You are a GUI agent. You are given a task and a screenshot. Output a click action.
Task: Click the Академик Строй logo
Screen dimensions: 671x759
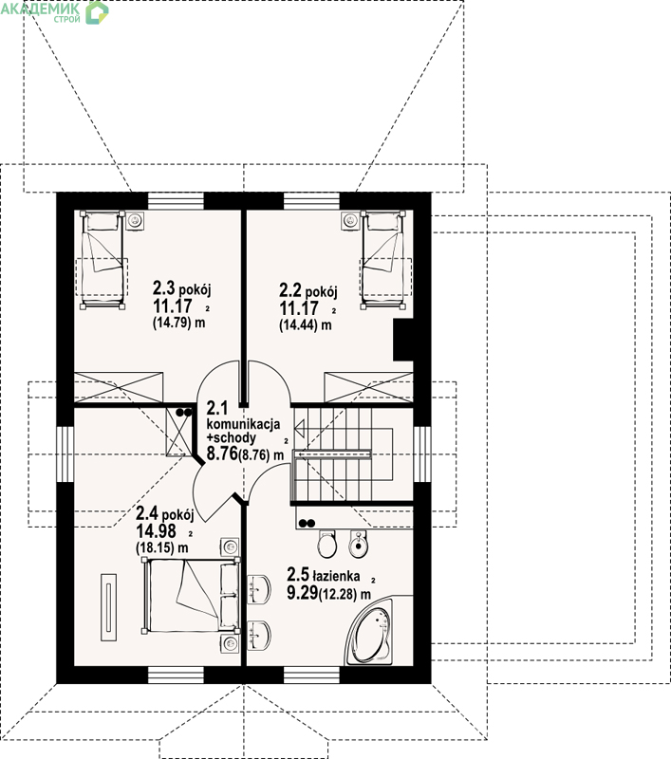pyautogui.click(x=54, y=11)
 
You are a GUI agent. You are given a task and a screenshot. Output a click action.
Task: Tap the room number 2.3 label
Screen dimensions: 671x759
pyautogui.click(x=163, y=288)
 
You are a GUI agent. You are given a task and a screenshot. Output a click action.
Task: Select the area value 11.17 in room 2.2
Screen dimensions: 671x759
pyautogui.click(x=299, y=307)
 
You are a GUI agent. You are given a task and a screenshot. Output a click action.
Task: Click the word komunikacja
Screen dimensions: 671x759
pyautogui.click(x=243, y=424)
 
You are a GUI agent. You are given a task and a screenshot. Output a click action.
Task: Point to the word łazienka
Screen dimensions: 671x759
pyautogui.click(x=337, y=576)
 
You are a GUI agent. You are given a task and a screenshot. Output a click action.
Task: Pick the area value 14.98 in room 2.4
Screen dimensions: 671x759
pyautogui.click(x=156, y=531)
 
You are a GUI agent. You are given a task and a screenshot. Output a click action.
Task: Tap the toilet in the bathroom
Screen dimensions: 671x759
pyautogui.click(x=327, y=543)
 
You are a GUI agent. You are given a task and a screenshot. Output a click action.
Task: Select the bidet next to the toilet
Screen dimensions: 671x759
pyautogui.click(x=358, y=543)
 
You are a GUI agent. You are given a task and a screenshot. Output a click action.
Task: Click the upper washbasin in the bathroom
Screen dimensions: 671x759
pyautogui.click(x=259, y=589)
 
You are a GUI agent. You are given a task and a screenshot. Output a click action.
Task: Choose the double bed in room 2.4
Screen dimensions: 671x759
pyautogui.click(x=191, y=596)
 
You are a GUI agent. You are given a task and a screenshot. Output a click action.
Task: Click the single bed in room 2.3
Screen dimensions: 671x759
pyautogui.click(x=103, y=259)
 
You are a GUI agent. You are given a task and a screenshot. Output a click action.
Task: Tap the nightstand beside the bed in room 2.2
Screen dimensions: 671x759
pyautogui.click(x=350, y=221)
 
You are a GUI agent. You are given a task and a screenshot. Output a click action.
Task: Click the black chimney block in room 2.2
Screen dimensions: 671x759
pyautogui.click(x=402, y=340)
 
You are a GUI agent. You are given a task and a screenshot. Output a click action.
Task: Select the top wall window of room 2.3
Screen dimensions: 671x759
pyautogui.click(x=176, y=201)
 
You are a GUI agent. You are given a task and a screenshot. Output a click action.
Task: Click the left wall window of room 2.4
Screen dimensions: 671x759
pyautogui.click(x=65, y=454)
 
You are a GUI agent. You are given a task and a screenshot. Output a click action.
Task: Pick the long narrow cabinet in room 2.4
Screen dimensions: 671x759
pyautogui.click(x=108, y=607)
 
